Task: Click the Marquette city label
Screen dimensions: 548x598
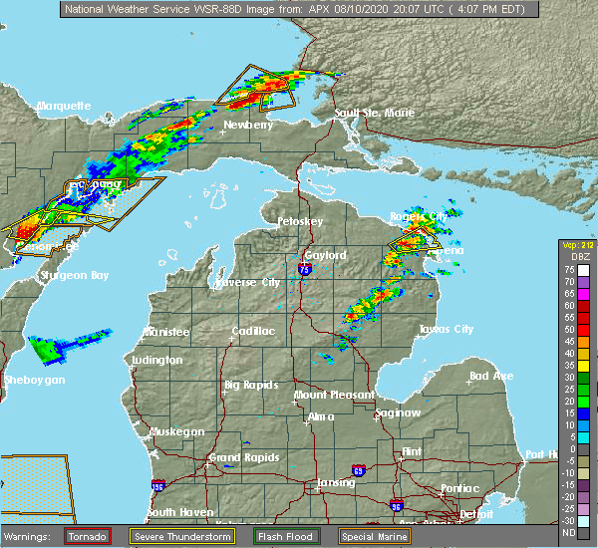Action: pos(64,106)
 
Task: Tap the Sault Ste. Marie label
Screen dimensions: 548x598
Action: pos(374,113)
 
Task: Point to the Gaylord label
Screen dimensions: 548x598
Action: pos(325,255)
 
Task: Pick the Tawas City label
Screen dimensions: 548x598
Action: pos(446,329)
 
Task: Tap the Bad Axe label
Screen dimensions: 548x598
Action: pos(491,376)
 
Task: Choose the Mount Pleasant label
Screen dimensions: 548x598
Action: pos(329,396)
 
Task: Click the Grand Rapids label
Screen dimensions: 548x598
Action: pos(236,458)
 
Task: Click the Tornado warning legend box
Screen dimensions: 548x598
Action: pos(88,536)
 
